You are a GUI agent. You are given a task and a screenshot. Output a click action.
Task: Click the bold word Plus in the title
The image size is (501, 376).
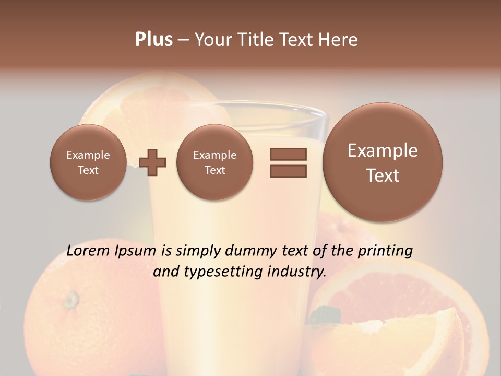(153, 40)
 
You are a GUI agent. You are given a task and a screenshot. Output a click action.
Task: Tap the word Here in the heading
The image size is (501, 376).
(338, 40)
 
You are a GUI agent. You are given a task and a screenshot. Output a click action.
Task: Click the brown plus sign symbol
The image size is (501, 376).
(152, 162)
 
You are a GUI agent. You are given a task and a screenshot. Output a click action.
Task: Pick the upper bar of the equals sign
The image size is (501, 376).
(288, 154)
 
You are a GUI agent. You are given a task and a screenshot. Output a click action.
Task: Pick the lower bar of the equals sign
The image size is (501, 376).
(288, 171)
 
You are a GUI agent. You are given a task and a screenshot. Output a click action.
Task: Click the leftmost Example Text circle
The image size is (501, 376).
(88, 162)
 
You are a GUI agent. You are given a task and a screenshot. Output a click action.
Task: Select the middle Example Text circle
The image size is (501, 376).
(214, 162)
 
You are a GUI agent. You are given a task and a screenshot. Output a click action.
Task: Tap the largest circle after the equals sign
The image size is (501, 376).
(383, 162)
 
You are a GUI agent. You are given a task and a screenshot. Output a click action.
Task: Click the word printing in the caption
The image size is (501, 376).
(385, 251)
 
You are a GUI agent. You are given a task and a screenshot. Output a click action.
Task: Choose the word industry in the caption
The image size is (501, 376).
(296, 272)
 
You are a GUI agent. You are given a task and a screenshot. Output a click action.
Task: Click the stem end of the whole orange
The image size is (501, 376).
(70, 299)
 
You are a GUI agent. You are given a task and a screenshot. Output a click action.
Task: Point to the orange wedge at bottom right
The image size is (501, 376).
(423, 334)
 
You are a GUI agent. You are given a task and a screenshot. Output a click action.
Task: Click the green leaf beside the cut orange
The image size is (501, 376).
(325, 315)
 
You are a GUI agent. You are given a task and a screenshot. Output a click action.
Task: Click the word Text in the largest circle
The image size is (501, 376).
(383, 175)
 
